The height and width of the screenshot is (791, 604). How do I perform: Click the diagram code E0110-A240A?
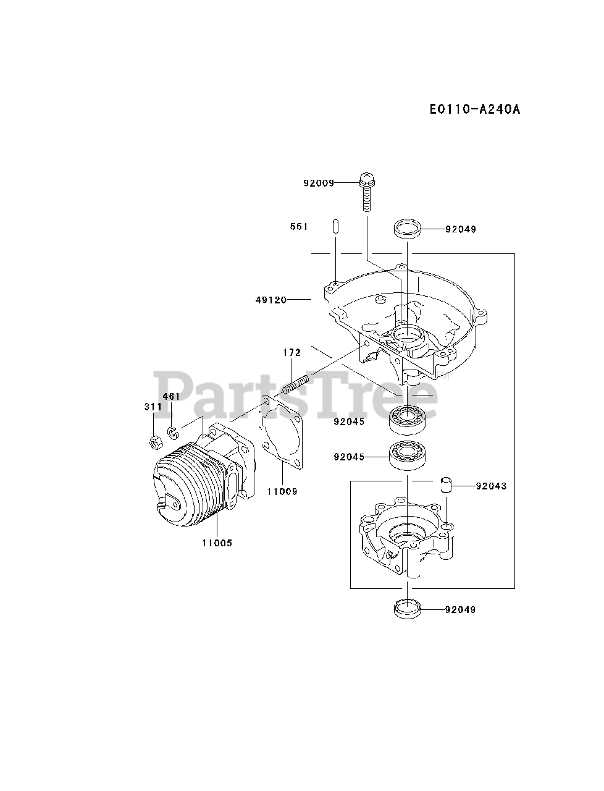475,109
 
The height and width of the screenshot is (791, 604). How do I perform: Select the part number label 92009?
319,183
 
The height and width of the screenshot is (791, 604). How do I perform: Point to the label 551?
299,227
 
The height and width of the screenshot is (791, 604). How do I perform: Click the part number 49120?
271,300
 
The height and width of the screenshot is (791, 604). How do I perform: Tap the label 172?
292,352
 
